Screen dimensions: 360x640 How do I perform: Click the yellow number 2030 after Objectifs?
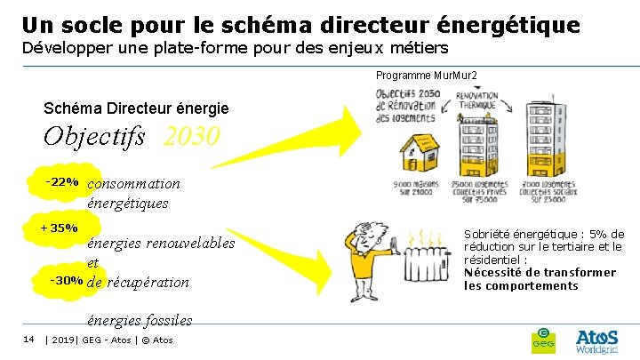(191, 138)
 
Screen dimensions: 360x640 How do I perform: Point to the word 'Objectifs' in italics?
(97, 138)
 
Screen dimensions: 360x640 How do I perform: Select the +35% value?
(60, 228)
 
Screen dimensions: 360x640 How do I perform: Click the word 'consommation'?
(134, 184)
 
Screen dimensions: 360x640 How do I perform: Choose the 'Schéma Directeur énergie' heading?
(136, 108)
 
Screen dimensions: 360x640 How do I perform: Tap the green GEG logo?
(542, 338)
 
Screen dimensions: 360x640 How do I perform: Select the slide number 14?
(28, 339)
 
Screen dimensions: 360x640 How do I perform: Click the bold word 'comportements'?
(521, 285)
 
